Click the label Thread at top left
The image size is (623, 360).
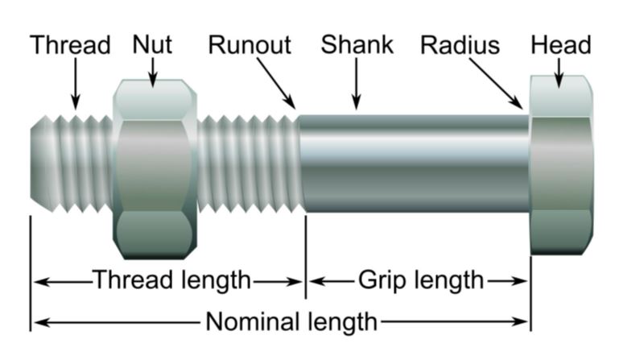click(70, 45)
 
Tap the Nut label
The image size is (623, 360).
click(152, 44)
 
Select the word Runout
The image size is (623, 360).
click(250, 45)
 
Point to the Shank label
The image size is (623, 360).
click(357, 44)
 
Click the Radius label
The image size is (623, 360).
click(460, 45)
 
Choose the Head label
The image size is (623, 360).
click(561, 44)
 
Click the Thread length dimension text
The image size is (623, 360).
click(172, 280)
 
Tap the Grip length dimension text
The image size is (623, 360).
click(421, 280)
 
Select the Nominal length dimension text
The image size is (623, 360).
click(291, 322)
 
